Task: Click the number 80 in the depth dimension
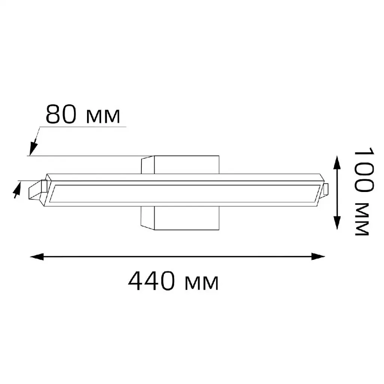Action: coord(61,114)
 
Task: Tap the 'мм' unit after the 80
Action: coord(103,116)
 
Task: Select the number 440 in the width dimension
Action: coord(151,280)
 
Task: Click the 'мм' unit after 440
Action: coord(202,283)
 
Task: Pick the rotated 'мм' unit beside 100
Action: coord(362,219)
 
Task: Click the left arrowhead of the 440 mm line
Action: coord(37,256)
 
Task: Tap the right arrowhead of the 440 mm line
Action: coord(318,256)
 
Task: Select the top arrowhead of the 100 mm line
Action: coord(337,162)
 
